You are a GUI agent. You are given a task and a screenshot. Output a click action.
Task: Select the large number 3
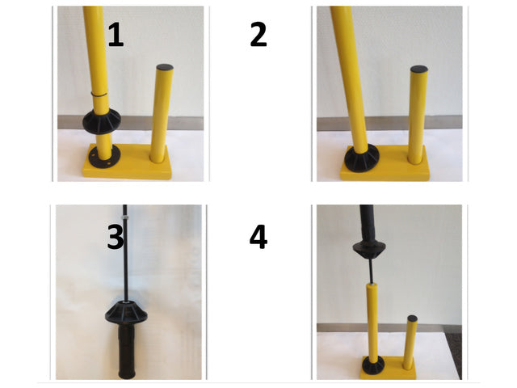pos(116,237)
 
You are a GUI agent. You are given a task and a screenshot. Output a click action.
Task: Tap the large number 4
pos(258,237)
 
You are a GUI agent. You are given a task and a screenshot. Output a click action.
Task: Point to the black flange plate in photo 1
pos(100,153)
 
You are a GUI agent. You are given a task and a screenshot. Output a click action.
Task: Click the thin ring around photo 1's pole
pos(99,95)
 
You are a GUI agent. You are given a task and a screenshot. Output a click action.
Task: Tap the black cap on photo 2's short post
pos(418,70)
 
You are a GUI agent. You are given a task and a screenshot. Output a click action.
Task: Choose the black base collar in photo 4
pos(372,363)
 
